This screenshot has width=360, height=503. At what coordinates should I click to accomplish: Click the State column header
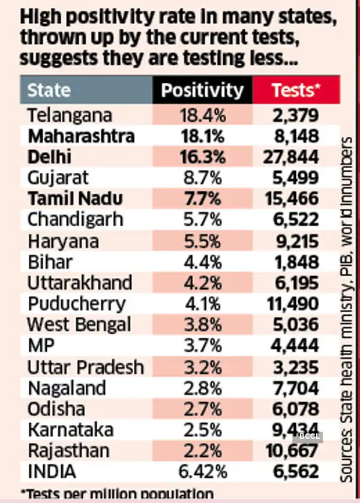pos(49,90)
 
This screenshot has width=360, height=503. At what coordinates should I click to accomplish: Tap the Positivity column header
pos(203,90)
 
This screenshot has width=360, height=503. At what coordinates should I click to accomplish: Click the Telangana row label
pos(70,114)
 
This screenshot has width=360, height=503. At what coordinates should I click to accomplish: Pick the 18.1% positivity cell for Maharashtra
pos(203,136)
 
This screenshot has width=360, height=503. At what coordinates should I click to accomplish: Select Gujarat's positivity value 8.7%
pos(203,178)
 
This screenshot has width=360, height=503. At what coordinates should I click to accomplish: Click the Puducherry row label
pos(76,304)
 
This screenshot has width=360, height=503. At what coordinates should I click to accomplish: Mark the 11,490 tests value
pos(291,304)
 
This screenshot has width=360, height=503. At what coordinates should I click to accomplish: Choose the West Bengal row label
pos(79,325)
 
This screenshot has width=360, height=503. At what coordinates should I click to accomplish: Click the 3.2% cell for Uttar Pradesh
pos(203,366)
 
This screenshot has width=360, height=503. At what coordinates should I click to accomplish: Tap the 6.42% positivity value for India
pos(203,472)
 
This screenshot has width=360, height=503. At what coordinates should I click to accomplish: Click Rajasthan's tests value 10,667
pos(291,451)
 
